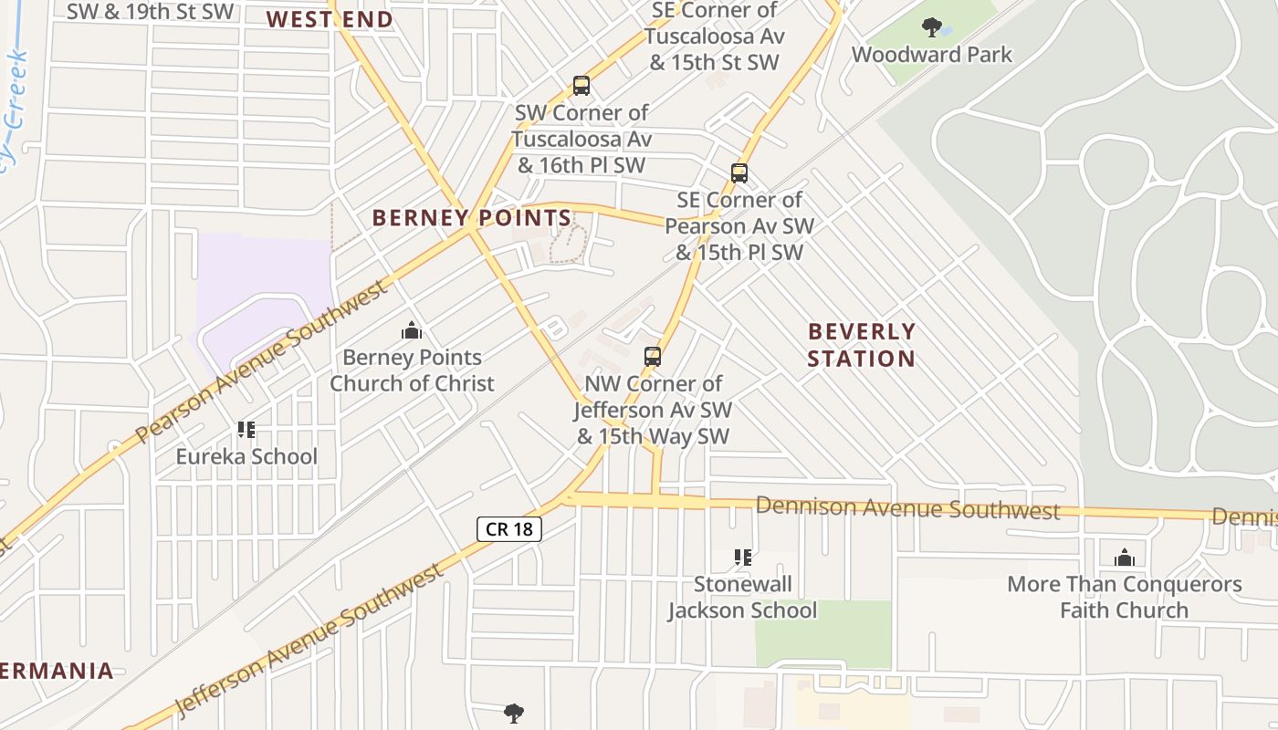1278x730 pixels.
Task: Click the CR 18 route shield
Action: point(509,529)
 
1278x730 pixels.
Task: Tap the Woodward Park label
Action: point(931,55)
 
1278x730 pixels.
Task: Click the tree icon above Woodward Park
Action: point(931,27)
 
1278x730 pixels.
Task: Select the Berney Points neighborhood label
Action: point(472,218)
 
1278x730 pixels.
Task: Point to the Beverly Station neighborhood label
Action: point(861,345)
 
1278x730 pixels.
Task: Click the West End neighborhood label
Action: point(330,19)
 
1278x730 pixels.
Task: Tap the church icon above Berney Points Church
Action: point(412,329)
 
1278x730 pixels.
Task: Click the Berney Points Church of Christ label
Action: point(412,370)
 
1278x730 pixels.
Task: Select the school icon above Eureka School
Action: point(246,429)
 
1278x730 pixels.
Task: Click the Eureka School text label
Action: point(246,456)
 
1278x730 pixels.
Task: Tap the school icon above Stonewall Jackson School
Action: point(743,557)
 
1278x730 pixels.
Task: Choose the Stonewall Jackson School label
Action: point(742,597)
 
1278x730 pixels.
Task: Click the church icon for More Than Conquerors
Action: point(1124,557)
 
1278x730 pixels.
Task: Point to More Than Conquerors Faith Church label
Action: point(1124,597)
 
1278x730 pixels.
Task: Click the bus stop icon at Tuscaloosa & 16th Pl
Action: point(581,86)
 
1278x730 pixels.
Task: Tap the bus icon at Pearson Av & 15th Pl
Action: point(739,172)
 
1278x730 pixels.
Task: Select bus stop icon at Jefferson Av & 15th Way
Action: point(653,357)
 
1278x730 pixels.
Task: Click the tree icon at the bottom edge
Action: point(514,713)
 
